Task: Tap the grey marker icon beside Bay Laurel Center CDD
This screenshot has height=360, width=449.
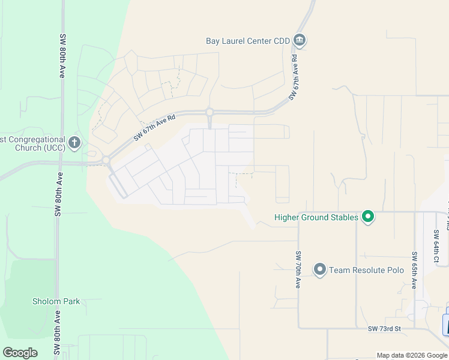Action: [300, 41]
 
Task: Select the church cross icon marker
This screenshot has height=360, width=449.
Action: [74, 143]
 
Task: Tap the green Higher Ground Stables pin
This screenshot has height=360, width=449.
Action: [368, 217]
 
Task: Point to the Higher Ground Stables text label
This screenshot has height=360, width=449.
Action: [316, 217]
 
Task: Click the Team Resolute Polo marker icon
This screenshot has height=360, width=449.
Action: [319, 269]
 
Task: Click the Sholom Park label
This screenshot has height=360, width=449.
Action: [56, 301]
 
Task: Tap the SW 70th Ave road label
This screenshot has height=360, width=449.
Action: [297, 270]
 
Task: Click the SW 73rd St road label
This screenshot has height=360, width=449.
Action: [384, 329]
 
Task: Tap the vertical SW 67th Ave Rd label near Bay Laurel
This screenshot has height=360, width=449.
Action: [294, 77]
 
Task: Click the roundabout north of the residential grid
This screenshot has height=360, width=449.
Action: [209, 112]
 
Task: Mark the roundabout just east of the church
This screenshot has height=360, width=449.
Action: [106, 160]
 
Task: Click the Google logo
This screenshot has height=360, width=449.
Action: [20, 353]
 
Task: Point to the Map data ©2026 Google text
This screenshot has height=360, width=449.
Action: [412, 355]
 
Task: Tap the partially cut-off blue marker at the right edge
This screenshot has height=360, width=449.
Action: [446, 324]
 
